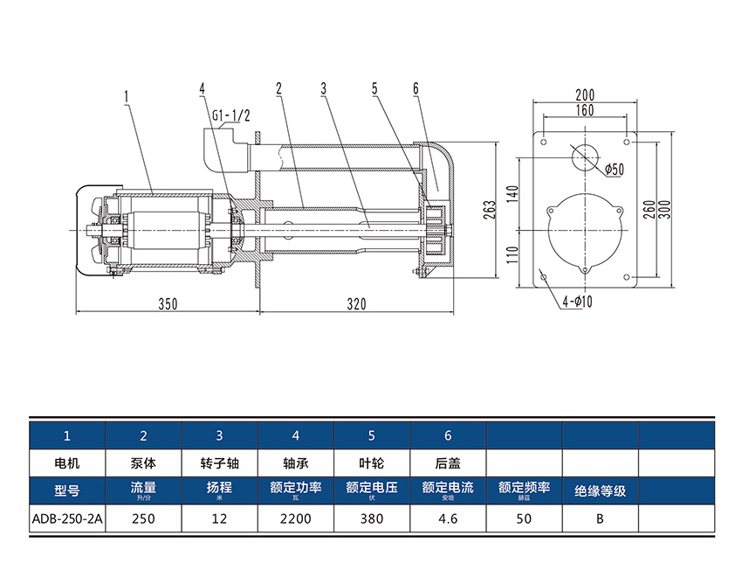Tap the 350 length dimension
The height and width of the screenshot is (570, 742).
click(168, 303)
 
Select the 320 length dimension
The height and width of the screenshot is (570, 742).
click(356, 303)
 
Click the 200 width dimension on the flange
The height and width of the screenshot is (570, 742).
click(585, 94)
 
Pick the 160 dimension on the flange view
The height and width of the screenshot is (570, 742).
click(585, 110)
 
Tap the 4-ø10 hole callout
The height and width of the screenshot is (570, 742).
click(577, 302)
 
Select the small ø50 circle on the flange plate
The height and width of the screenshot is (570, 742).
click(585, 157)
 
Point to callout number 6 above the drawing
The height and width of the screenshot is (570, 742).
click(416, 88)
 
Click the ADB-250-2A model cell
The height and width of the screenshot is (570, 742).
click(67, 518)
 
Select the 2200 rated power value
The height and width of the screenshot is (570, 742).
click(296, 518)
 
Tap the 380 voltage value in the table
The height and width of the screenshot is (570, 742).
click(372, 518)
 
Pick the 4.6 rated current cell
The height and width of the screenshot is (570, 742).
click(448, 518)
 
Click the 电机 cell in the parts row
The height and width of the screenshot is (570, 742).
click(67, 461)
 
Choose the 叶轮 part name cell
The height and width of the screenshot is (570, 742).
click(372, 461)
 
